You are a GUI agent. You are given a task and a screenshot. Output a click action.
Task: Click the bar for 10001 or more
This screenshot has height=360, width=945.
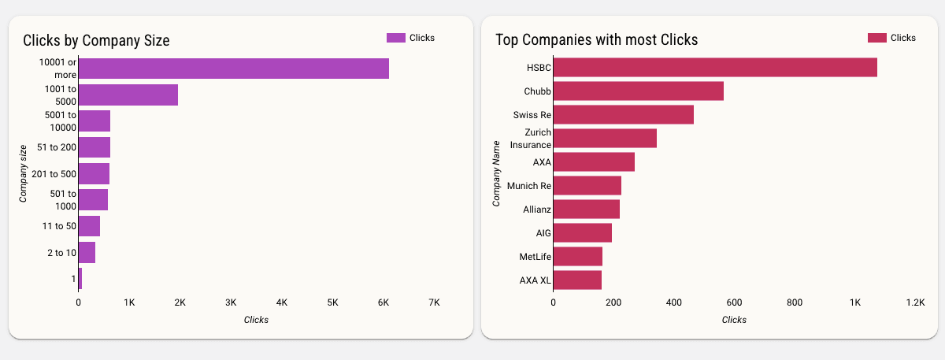[x=233, y=69]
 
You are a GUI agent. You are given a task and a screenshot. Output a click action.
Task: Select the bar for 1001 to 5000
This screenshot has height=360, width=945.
[x=128, y=95]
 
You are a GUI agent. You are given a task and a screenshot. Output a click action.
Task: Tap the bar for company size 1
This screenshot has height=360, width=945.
[x=80, y=278]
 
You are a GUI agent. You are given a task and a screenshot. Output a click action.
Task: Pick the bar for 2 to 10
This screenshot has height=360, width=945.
[x=87, y=252]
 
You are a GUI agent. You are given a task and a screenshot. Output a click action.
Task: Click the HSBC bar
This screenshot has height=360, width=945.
[x=715, y=67]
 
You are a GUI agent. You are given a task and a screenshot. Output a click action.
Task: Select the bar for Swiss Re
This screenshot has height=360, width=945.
[x=623, y=114]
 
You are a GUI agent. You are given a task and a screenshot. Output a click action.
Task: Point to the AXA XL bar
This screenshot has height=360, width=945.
[x=577, y=280]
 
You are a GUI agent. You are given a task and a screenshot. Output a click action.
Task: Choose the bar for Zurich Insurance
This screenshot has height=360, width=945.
[x=605, y=138]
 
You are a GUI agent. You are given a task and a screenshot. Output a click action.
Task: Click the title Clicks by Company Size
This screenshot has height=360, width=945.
[x=96, y=40]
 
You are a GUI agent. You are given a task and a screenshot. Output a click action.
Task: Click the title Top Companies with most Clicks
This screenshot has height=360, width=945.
[x=596, y=40]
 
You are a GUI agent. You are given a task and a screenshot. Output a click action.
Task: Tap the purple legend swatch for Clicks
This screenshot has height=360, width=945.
[x=395, y=38]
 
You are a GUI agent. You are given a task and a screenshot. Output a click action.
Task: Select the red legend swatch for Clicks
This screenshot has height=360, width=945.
[x=876, y=38]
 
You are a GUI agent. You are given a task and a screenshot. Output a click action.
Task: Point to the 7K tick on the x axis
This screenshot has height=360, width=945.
[x=434, y=302]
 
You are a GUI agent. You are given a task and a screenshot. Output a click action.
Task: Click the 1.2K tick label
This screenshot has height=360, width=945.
[x=914, y=302]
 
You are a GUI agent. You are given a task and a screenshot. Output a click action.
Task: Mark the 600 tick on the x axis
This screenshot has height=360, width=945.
[x=734, y=302]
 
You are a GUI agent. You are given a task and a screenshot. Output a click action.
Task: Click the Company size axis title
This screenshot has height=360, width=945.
[x=24, y=173]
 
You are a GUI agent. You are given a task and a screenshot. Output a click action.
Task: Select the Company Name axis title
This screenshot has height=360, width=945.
[x=496, y=173]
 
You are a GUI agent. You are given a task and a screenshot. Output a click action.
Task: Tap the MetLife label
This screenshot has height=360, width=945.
[x=535, y=257]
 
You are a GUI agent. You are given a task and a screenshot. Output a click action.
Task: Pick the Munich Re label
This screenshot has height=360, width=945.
[x=529, y=186]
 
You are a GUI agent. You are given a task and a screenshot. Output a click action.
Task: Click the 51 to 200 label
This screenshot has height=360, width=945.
[x=57, y=147]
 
